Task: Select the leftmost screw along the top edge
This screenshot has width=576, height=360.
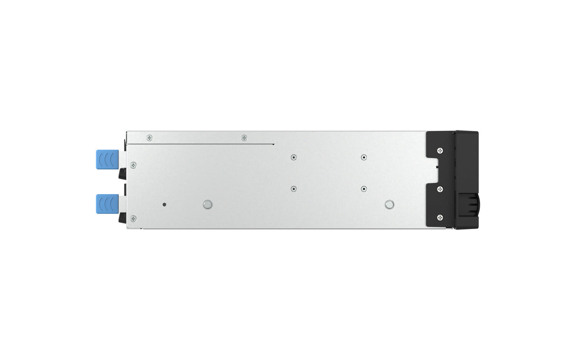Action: (150, 138)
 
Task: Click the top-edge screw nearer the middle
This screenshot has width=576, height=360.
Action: (244, 138)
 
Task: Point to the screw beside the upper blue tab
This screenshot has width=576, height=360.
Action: (133, 165)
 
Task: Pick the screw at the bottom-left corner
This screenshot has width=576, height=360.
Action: (133, 218)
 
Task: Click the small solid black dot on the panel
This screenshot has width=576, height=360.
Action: (164, 204)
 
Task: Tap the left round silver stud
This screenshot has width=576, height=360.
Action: (206, 204)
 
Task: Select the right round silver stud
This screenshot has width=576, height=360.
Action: (389, 204)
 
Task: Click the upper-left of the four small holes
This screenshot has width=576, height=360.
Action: (294, 157)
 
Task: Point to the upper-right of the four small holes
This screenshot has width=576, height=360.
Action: (363, 157)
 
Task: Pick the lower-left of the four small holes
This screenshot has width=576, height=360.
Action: (294, 188)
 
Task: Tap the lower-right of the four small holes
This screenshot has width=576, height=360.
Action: (363, 188)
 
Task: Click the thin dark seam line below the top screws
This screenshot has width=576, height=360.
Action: (199, 143)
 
